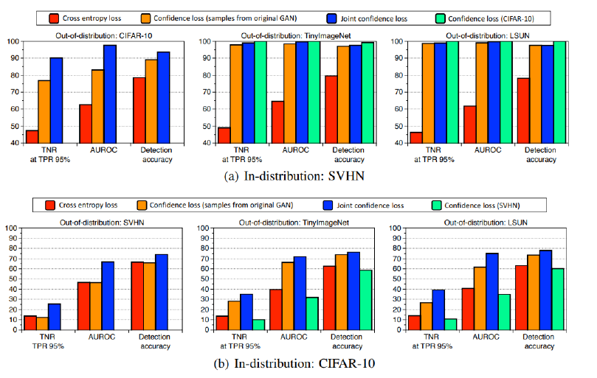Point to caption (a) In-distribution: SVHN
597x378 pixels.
[294, 177]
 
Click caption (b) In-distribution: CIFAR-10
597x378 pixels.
[294, 363]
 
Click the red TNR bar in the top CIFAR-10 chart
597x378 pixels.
[32, 136]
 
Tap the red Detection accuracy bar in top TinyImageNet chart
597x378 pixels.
[331, 109]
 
